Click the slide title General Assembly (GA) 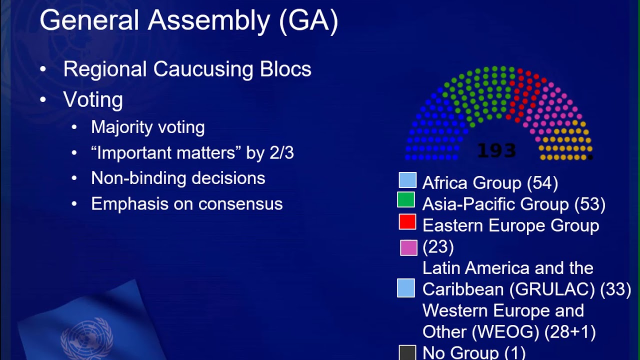click(x=188, y=21)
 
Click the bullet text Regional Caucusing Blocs click(x=187, y=69)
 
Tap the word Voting click(x=93, y=99)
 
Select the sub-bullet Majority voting click(x=147, y=127)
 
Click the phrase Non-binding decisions click(x=178, y=178)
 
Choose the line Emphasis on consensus click(x=186, y=203)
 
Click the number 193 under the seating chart click(x=496, y=150)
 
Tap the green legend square click(x=406, y=199)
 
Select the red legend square click(x=407, y=221)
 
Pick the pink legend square click(x=408, y=247)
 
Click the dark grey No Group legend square click(x=407, y=352)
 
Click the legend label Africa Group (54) click(x=490, y=183)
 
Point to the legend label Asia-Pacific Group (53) click(x=513, y=204)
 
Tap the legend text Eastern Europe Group click(x=510, y=225)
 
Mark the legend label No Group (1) click(x=473, y=352)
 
